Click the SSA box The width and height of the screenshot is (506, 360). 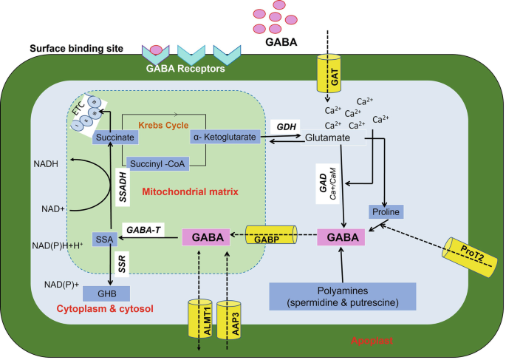tap(102, 238)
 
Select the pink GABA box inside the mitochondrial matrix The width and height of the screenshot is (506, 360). tap(206, 238)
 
